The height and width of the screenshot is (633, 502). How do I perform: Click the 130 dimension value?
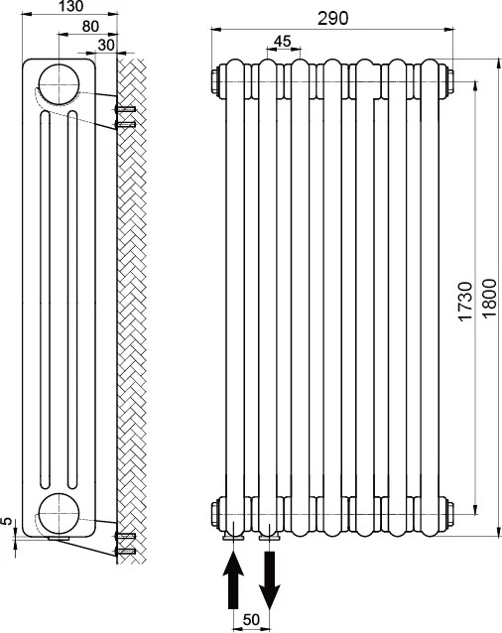71,6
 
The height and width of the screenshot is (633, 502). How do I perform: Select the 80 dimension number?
90,27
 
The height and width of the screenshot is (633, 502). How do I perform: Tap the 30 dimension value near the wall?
106,45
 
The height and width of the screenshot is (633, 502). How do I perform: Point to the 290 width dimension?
332,19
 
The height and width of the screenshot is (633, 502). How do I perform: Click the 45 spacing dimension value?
283,42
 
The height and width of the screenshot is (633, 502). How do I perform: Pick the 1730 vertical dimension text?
465,302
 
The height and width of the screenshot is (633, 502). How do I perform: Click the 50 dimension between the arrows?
251,620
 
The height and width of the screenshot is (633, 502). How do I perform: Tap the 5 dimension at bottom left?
7,521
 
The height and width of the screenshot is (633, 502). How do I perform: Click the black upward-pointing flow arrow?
233,581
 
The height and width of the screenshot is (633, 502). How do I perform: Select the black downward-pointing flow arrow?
270,579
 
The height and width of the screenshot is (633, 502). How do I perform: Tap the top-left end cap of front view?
216,81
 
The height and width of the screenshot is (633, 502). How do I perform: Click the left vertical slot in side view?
45,300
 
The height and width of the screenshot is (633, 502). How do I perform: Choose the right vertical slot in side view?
72,300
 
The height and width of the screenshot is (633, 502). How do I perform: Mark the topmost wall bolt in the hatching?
125,109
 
